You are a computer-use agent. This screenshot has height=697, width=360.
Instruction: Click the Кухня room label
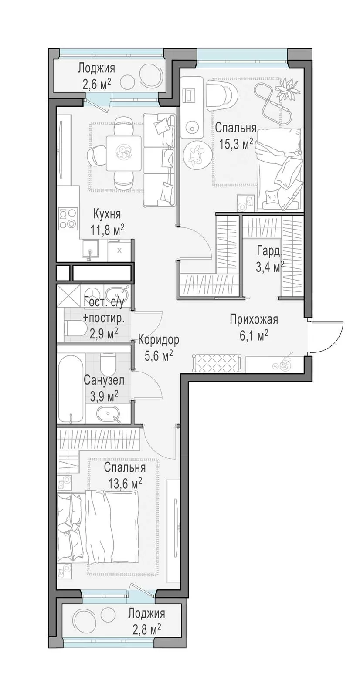coord(107,214)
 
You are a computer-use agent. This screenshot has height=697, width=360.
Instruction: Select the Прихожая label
coord(254,319)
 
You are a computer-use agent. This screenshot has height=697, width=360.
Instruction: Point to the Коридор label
coord(159,340)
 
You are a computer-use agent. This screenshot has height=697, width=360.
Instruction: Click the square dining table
coord(122,153)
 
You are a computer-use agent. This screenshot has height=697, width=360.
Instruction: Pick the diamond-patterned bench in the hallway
coord(217,363)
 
